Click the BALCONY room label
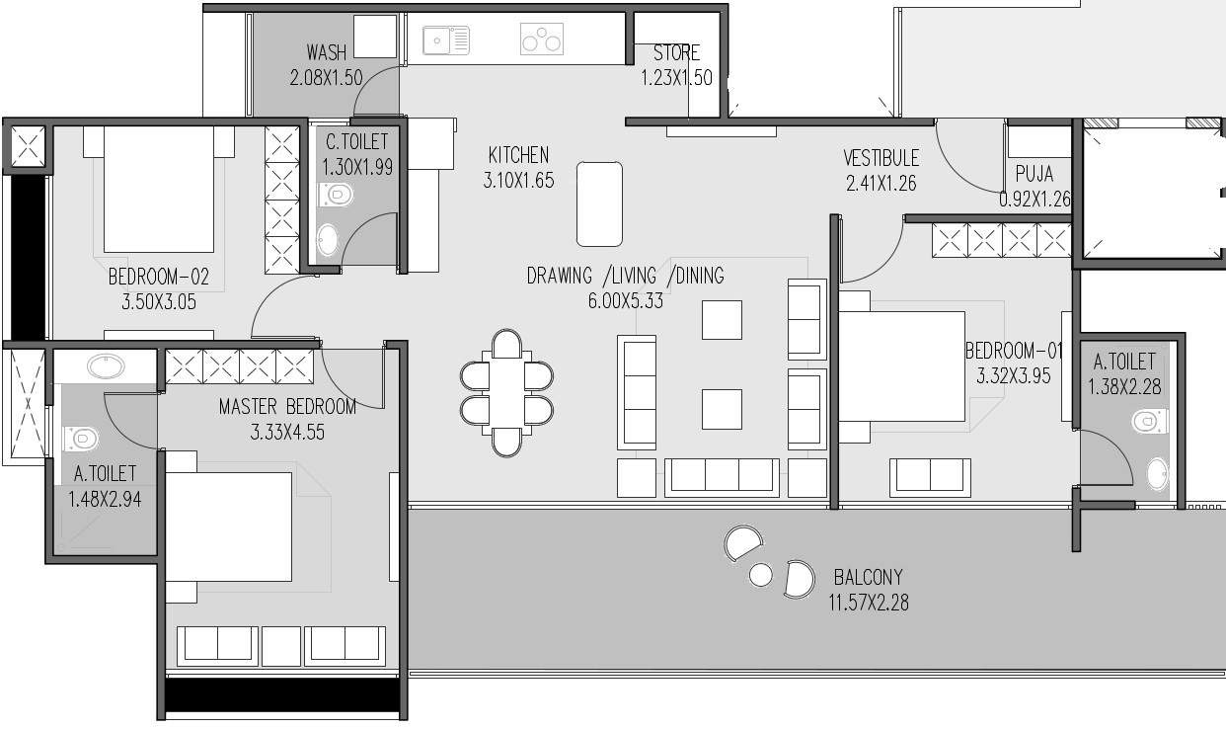[868, 577]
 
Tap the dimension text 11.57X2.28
[868, 601]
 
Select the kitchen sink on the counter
[446, 40]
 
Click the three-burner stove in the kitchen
[541, 40]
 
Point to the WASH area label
[326, 52]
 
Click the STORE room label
[676, 53]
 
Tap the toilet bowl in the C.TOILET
[336, 195]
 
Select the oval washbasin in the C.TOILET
[327, 239]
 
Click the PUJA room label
[1034, 175]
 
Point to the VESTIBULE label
[881, 158]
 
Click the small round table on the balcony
[760, 574]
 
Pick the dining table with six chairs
[506, 392]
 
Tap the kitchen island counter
[599, 203]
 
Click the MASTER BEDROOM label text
[286, 406]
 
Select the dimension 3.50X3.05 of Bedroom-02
[158, 302]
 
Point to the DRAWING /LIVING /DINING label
[625, 276]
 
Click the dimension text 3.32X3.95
[1014, 375]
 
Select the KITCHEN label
[518, 155]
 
